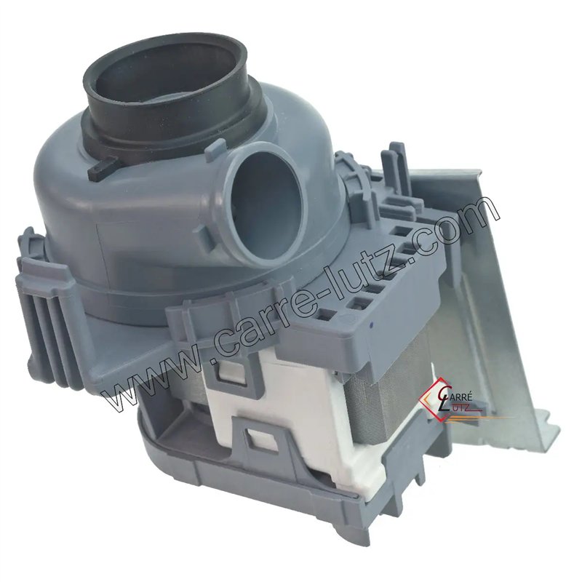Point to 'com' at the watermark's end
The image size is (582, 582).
[466, 218]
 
